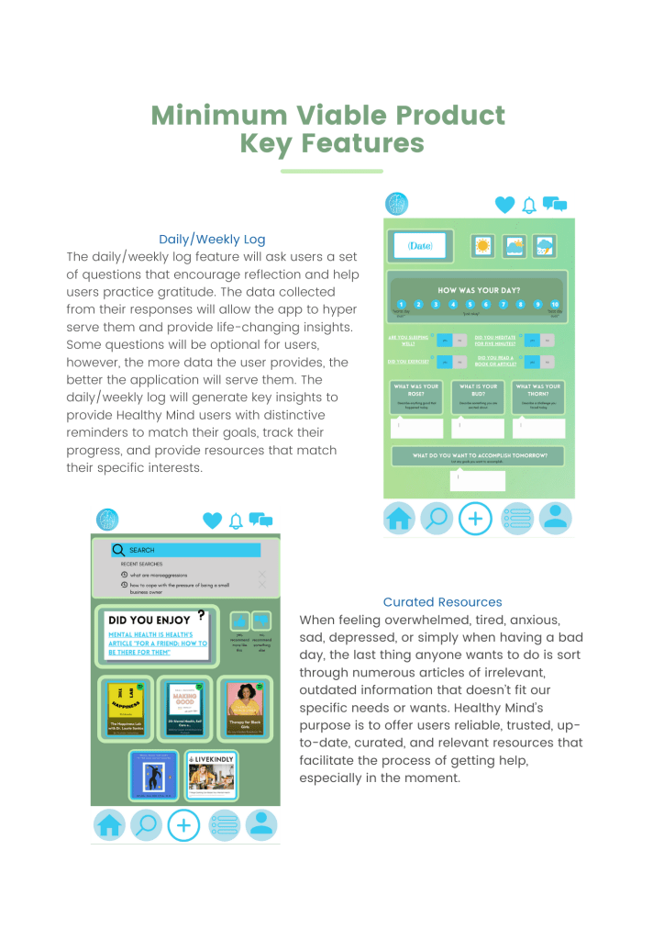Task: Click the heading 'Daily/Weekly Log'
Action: (212, 240)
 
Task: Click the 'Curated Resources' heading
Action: (442, 602)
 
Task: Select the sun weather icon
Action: (482, 246)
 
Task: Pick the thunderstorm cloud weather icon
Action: (544, 246)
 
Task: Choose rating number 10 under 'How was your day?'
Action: (555, 304)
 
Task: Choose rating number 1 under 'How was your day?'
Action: (401, 304)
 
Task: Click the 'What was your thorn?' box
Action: (538, 396)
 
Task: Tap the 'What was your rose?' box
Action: (416, 396)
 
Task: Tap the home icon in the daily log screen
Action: (399, 519)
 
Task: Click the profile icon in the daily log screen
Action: (554, 519)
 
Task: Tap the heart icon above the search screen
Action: (212, 520)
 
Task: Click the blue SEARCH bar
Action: (186, 550)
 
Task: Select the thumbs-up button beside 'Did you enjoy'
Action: (238, 621)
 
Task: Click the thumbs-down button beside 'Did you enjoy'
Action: (261, 621)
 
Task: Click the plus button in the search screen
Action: (184, 824)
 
